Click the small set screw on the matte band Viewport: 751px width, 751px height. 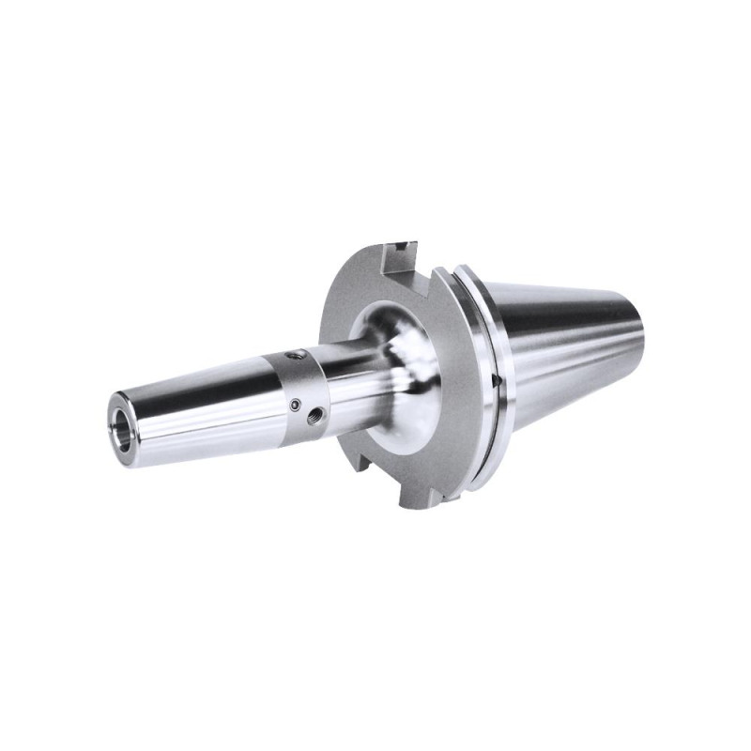pyautogui.click(x=296, y=405)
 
